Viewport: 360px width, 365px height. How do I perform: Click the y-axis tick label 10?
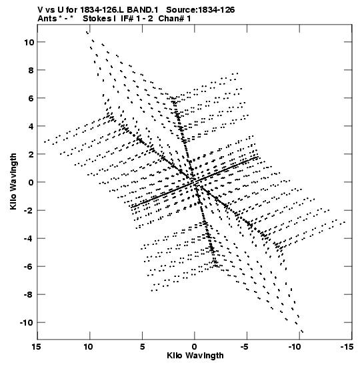[29, 42]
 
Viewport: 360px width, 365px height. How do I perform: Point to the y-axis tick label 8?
[31, 70]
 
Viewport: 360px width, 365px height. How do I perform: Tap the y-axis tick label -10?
[27, 323]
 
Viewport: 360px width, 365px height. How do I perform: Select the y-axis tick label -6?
[29, 266]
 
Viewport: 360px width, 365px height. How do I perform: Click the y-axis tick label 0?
[31, 183]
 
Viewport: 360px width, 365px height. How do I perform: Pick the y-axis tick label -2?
[29, 210]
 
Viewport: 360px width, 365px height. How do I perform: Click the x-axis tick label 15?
[36, 347]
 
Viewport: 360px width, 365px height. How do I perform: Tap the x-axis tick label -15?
[347, 347]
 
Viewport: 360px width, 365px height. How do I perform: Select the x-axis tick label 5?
[142, 347]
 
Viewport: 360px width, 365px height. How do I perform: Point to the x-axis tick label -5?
[245, 347]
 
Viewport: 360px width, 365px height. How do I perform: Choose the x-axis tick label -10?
[294, 347]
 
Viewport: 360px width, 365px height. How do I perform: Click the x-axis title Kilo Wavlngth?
[195, 356]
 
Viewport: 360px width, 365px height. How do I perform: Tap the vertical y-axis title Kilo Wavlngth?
[13, 181]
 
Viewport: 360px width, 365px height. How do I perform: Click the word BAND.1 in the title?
[142, 10]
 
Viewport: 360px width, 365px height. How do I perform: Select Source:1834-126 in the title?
[201, 10]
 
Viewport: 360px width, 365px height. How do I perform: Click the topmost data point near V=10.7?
[87, 32]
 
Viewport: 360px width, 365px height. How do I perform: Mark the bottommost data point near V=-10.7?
[302, 332]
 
